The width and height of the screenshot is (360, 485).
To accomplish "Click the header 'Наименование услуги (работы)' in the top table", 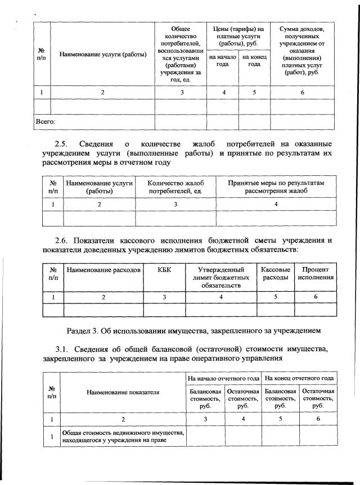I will (x=103, y=53).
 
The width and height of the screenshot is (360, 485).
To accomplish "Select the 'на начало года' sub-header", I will (x=222, y=60).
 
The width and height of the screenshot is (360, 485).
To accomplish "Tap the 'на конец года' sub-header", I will (x=254, y=60).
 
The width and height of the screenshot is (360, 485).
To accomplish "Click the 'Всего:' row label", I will (x=45, y=121).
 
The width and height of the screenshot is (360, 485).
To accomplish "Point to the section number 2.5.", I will (x=65, y=143).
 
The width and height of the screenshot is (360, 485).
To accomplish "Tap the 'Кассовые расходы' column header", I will (x=276, y=274).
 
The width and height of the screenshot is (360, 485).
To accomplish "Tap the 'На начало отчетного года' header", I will (x=224, y=378).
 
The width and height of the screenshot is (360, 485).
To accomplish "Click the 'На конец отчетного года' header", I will (x=299, y=378).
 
